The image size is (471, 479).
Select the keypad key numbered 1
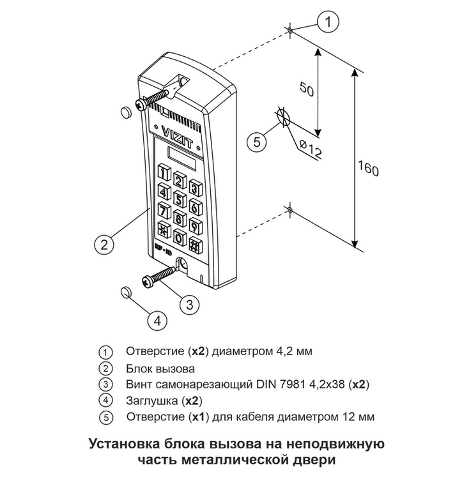(x=164, y=172)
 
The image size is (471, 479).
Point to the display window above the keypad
(x=181, y=155)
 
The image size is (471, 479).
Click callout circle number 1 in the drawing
(x=328, y=23)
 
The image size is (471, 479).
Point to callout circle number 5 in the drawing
(x=256, y=142)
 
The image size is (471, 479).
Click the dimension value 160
(x=369, y=171)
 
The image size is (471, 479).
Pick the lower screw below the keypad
(x=157, y=275)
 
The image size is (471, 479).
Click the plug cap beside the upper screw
(x=125, y=113)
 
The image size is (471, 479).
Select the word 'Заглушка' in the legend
(x=151, y=401)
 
